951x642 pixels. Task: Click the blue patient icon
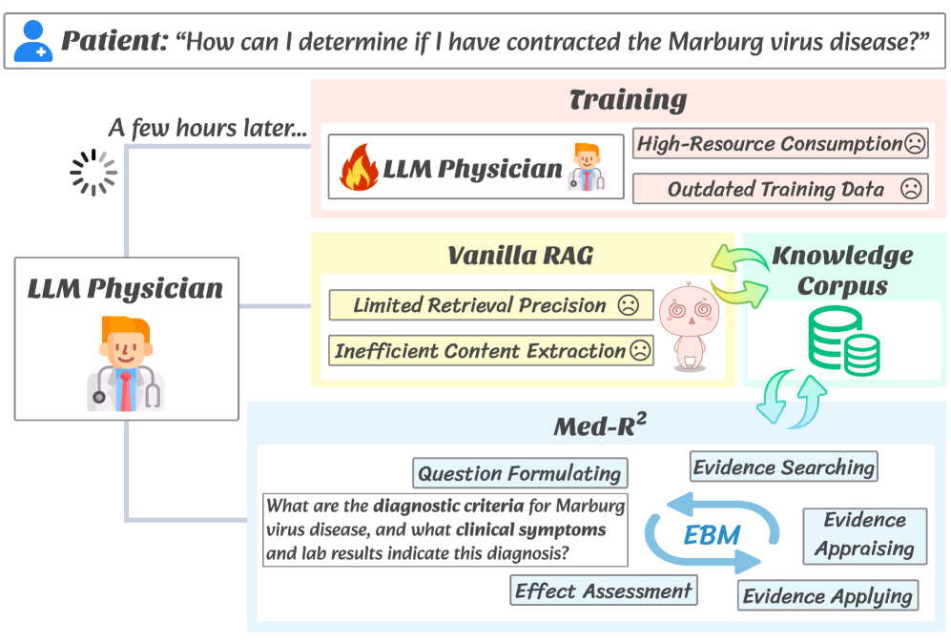pyautogui.click(x=31, y=41)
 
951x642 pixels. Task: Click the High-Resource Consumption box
pyautogui.click(x=779, y=144)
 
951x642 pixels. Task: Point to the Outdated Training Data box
pyautogui.click(x=779, y=189)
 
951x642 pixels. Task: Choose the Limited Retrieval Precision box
pyautogui.click(x=490, y=305)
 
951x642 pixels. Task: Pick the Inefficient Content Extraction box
pyautogui.click(x=490, y=351)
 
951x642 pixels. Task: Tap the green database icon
pyautogui.click(x=843, y=340)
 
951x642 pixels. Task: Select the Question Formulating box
pyautogui.click(x=520, y=473)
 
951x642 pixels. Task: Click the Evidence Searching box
pyautogui.click(x=783, y=467)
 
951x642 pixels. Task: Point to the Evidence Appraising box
pyautogui.click(x=864, y=534)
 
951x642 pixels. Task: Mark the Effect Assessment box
pyautogui.click(x=604, y=590)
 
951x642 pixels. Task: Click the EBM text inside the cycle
pyautogui.click(x=712, y=535)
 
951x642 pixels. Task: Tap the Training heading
pyautogui.click(x=627, y=100)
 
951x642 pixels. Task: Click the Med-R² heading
pyautogui.click(x=600, y=426)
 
